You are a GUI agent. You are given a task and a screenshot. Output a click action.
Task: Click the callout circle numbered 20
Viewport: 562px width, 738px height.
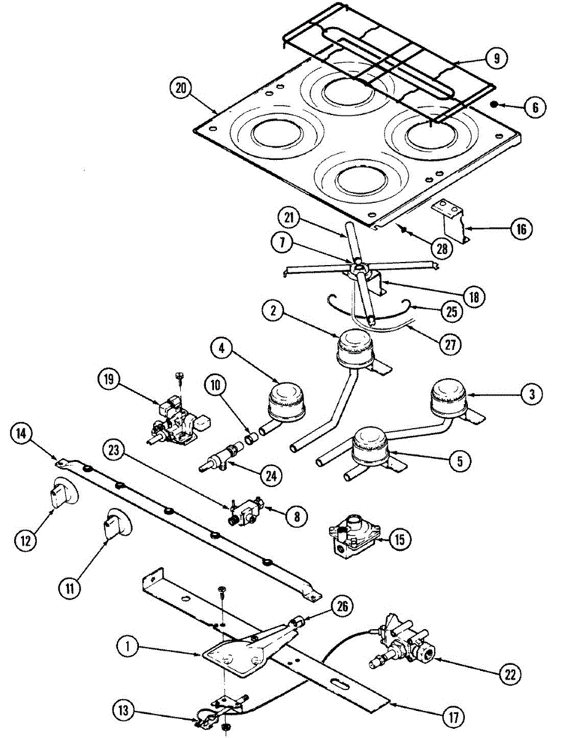tap(180, 89)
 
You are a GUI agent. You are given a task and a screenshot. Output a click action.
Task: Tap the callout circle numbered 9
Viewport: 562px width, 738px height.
tap(496, 58)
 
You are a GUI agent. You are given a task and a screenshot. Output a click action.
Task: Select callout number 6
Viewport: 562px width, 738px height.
tap(535, 107)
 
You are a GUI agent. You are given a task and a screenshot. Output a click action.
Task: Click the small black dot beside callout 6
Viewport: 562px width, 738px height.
tap(496, 105)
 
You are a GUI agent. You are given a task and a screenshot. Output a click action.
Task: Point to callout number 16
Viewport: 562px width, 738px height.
tap(521, 230)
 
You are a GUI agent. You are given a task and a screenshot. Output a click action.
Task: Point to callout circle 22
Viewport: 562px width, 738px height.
tap(509, 674)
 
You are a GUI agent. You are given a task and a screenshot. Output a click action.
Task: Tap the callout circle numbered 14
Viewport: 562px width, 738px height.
tap(22, 434)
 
